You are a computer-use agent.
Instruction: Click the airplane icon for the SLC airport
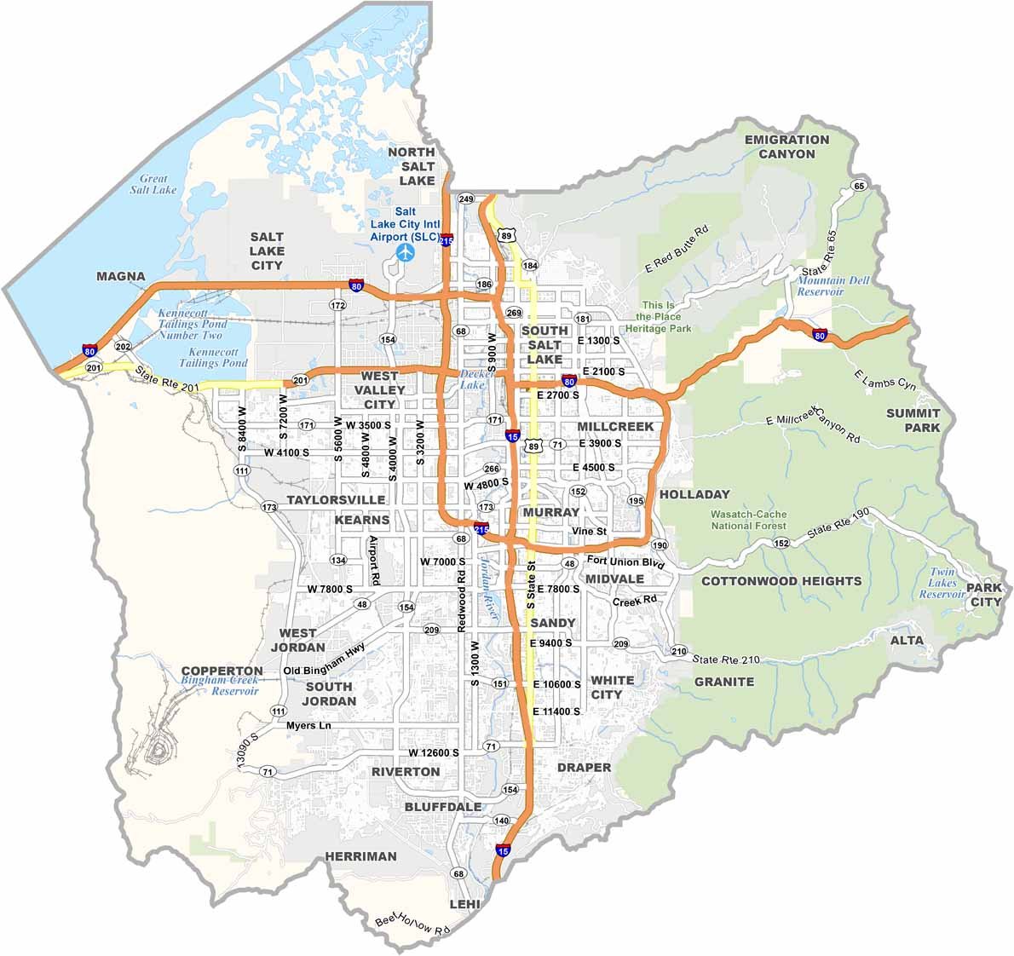click(x=406, y=253)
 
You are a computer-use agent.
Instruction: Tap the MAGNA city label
click(x=121, y=277)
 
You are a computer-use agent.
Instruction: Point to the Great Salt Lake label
click(x=154, y=184)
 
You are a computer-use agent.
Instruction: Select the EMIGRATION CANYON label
click(x=786, y=147)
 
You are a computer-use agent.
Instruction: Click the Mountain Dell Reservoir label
click(x=821, y=286)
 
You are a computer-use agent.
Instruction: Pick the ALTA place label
click(x=907, y=640)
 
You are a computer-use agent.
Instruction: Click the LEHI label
click(x=465, y=904)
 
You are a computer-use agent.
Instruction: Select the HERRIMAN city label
click(x=360, y=856)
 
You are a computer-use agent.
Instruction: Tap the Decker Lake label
click(x=471, y=379)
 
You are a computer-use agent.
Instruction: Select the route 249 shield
click(x=465, y=199)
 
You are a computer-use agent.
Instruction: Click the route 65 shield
click(x=858, y=187)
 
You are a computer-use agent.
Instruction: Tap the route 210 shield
click(x=678, y=652)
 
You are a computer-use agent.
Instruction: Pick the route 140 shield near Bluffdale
click(x=501, y=821)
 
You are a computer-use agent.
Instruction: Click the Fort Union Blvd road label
click(x=625, y=562)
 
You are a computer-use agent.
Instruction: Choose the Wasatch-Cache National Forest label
click(x=750, y=520)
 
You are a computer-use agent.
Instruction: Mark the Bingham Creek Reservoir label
click(x=219, y=686)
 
